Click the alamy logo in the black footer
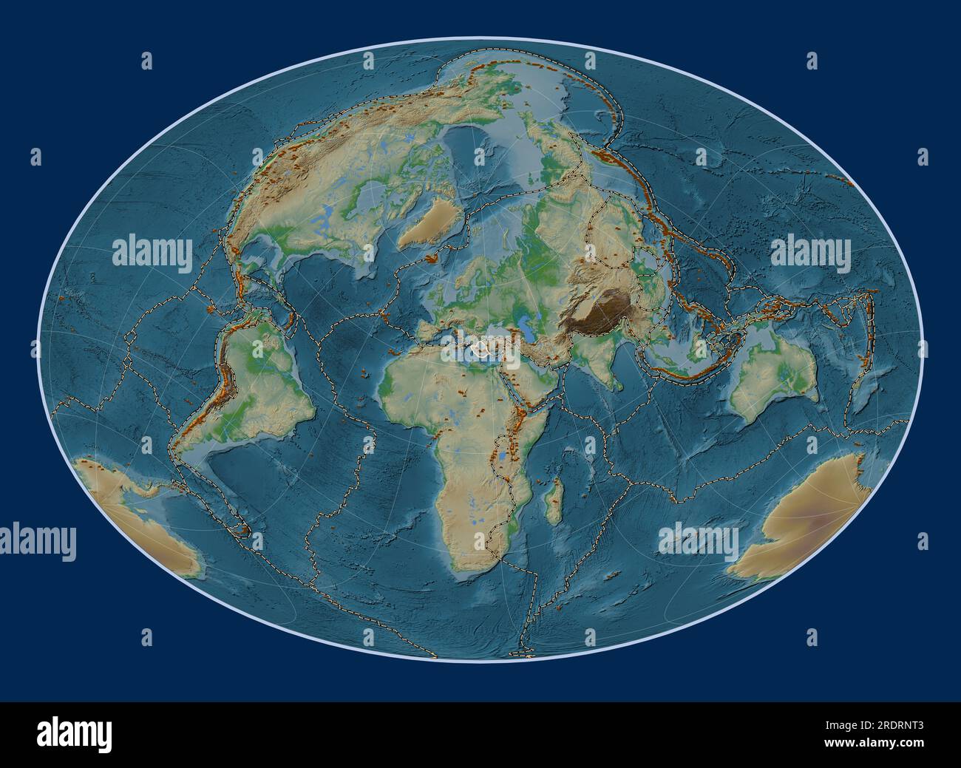point(75,734)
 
